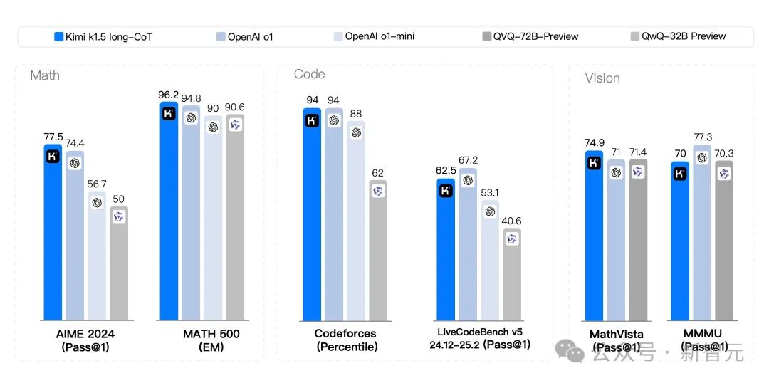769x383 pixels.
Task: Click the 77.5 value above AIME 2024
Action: [53, 137]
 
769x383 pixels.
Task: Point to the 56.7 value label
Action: [98, 184]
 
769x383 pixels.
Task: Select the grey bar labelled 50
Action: [119, 263]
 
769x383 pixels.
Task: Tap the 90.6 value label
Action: [236, 107]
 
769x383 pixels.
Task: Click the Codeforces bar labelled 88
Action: [356, 221]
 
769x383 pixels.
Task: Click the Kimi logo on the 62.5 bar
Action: [445, 191]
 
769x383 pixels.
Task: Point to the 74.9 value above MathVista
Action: [594, 143]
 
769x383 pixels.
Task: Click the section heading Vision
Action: [602, 78]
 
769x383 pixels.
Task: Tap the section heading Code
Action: [310, 75]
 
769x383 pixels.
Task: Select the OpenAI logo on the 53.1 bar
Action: [489, 211]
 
